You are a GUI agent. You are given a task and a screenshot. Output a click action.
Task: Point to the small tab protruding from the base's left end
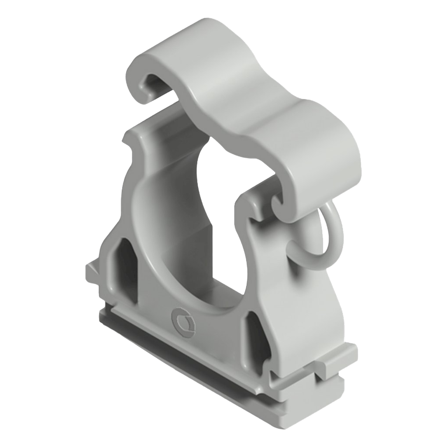[93, 272]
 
